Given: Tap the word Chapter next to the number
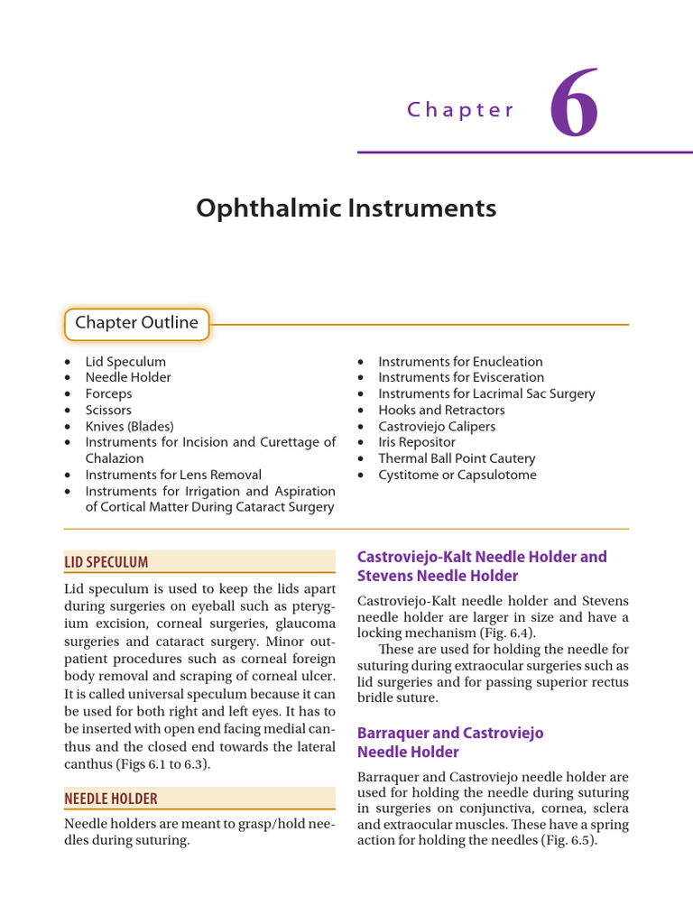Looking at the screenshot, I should click(x=460, y=110).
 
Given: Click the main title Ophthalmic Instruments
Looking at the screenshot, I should click(x=346, y=208).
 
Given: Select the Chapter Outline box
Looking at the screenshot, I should click(x=137, y=323).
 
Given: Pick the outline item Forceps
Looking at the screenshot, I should click(x=108, y=393).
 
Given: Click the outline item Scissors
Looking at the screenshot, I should click(x=108, y=410).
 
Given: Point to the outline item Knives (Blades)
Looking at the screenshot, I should click(x=129, y=426).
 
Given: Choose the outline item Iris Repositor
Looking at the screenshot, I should click(x=417, y=442).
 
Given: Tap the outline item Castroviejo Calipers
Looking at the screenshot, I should click(x=437, y=426).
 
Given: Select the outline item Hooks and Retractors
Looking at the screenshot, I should click(x=441, y=410).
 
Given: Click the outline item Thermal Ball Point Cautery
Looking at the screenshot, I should click(x=457, y=458).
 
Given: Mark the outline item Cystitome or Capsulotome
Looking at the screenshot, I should click(x=457, y=475).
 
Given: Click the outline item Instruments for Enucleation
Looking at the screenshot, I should click(x=460, y=361).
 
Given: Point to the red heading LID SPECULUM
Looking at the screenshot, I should click(x=106, y=562).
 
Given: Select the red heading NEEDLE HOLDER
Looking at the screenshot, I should click(x=111, y=799).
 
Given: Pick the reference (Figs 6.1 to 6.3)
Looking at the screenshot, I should click(x=174, y=764).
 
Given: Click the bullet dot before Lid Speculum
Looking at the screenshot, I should click(x=69, y=362).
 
